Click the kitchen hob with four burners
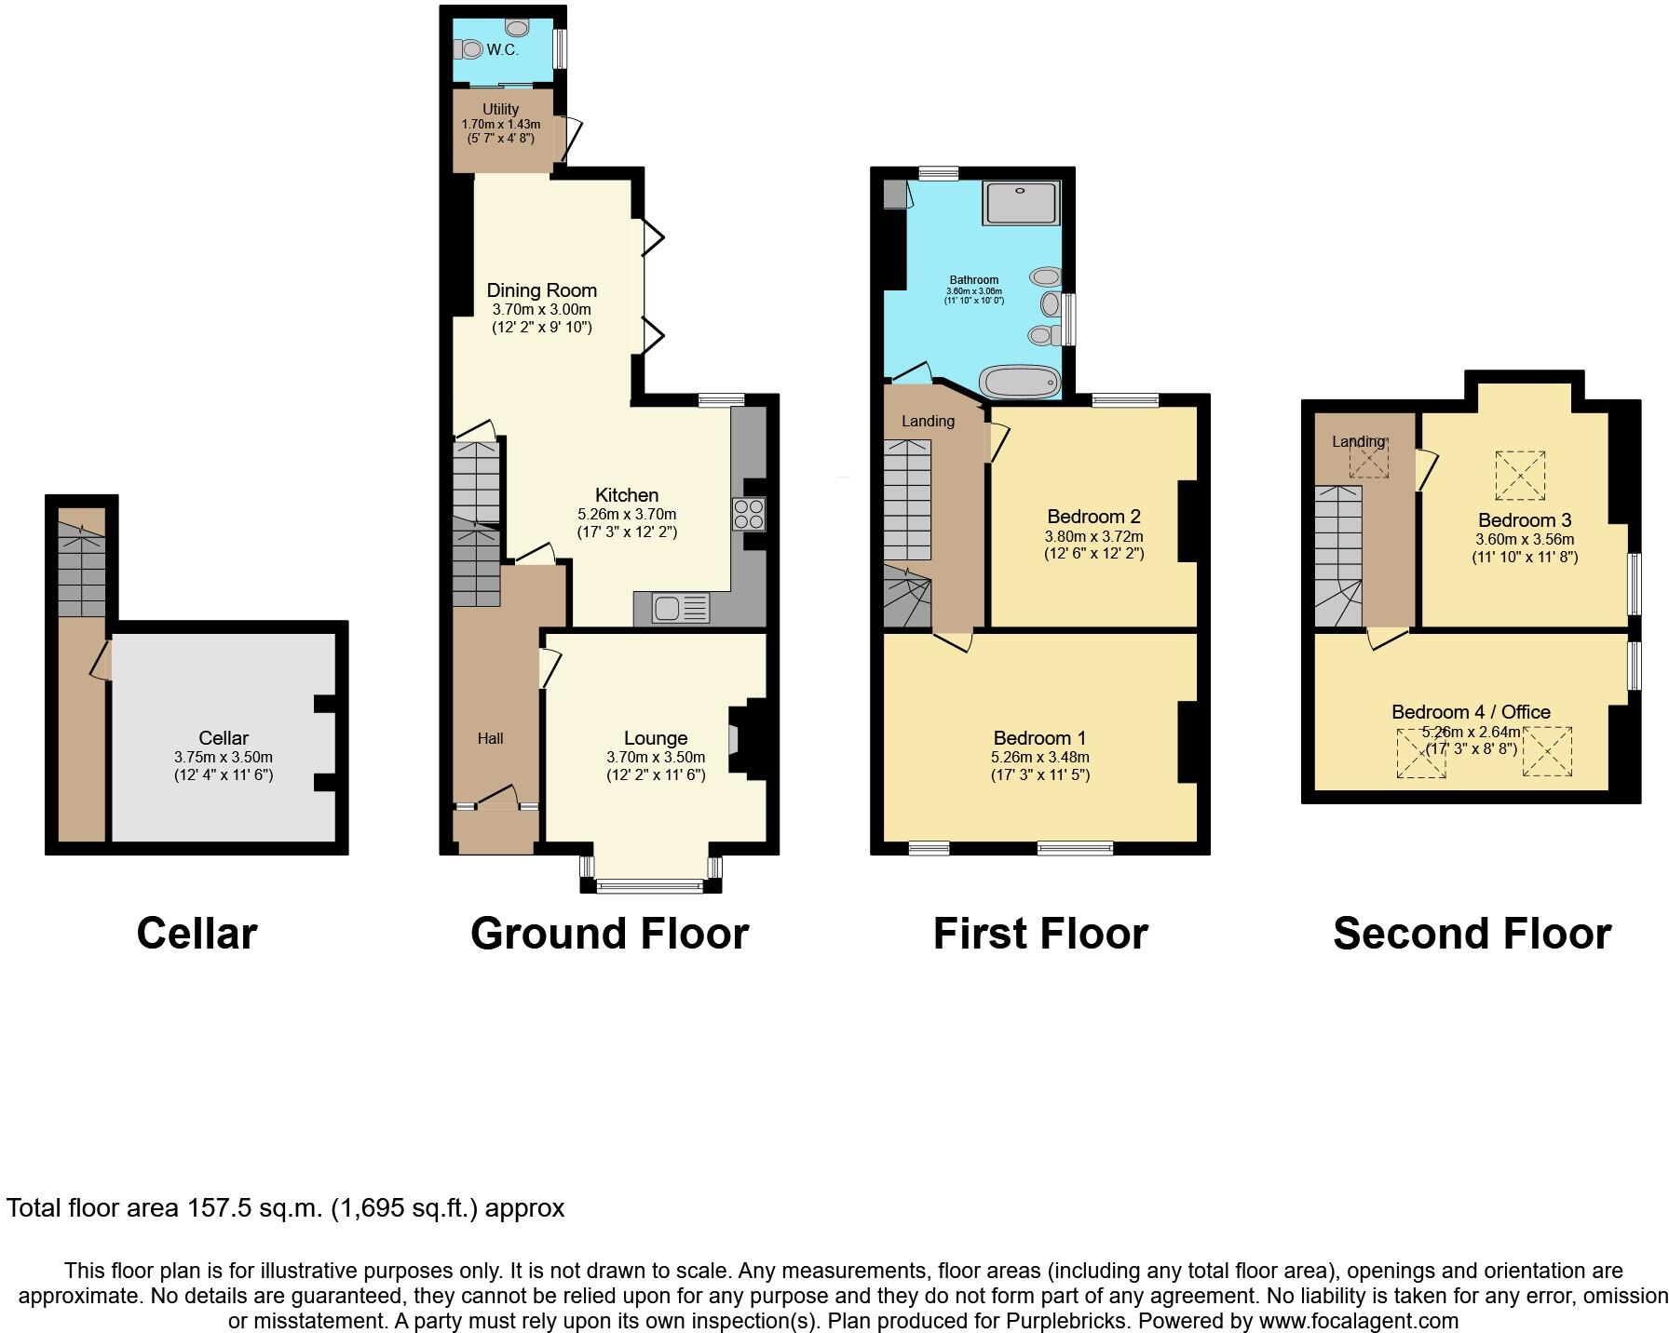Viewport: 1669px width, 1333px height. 749,514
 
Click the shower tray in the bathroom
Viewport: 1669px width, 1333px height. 1022,202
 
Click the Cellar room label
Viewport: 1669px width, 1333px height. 224,738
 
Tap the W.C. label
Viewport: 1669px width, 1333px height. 502,50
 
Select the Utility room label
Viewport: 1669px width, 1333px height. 500,109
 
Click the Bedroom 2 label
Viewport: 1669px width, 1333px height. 1093,517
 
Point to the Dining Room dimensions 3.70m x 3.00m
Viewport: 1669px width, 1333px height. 541,310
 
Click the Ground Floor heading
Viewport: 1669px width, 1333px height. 609,934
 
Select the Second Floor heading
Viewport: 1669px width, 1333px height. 1472,934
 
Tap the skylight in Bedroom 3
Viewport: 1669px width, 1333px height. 1520,475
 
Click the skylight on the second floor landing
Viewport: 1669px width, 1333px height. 1368,459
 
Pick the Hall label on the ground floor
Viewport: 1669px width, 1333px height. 490,738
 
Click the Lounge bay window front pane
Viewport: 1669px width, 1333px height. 650,886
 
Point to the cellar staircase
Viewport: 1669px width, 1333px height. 81,568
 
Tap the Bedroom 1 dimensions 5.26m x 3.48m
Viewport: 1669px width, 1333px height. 1039,758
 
